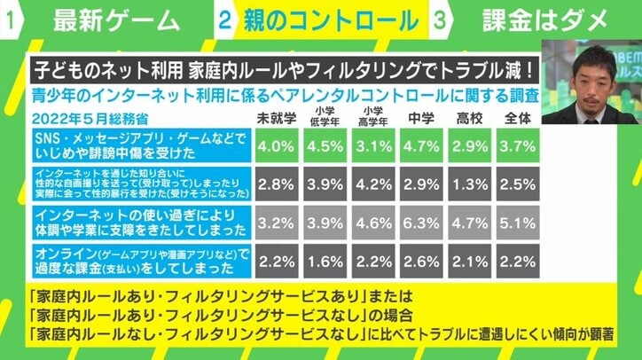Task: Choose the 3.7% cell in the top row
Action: (519, 145)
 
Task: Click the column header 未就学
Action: (277, 118)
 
